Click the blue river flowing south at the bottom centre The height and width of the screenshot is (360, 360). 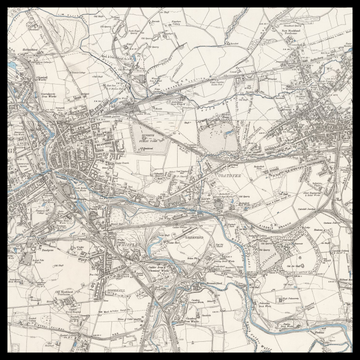click(x=180, y=320)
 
